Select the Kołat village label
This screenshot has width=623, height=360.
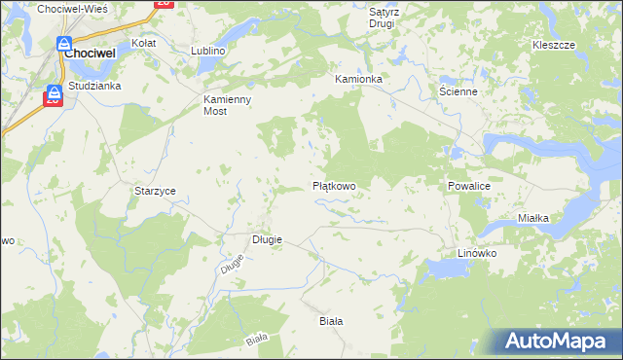[x=145, y=44]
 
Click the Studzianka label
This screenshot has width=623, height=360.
[x=94, y=86]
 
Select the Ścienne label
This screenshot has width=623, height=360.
[x=458, y=91]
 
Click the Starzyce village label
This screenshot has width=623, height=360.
[x=155, y=192]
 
